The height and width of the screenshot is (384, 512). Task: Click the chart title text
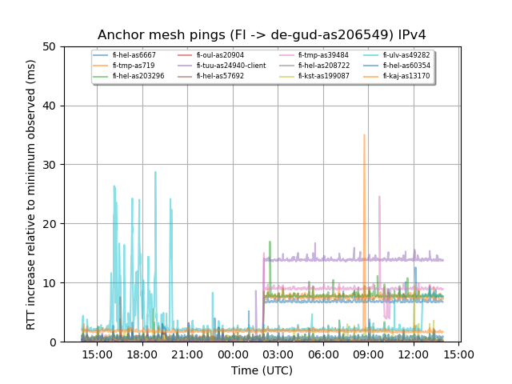coord(262,35)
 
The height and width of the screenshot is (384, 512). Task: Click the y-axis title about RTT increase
coord(31,194)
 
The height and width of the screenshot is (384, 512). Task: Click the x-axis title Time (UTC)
coord(262,370)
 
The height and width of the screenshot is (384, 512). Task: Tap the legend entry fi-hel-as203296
coord(138,76)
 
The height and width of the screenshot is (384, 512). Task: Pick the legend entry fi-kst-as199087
coord(323,76)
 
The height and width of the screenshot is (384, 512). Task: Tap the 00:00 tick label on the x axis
coord(233,354)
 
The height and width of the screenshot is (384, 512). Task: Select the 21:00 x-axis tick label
coord(187,354)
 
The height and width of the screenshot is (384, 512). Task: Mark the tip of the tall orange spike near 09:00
coord(364,134)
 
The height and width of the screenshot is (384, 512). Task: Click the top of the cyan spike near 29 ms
coord(155,171)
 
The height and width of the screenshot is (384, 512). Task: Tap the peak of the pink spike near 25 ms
coord(379,196)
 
